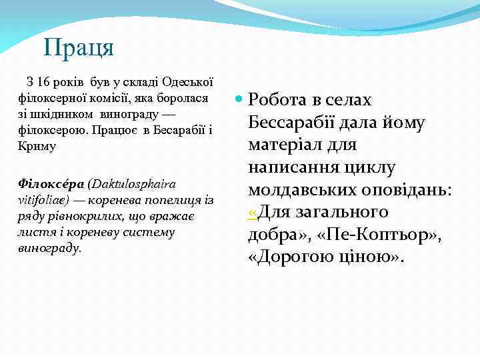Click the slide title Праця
pyautogui.click(x=79, y=47)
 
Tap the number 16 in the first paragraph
pyautogui.click(x=44, y=83)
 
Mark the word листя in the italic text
pyautogui.click(x=33, y=232)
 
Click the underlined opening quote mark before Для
pyautogui.click(x=252, y=212)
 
